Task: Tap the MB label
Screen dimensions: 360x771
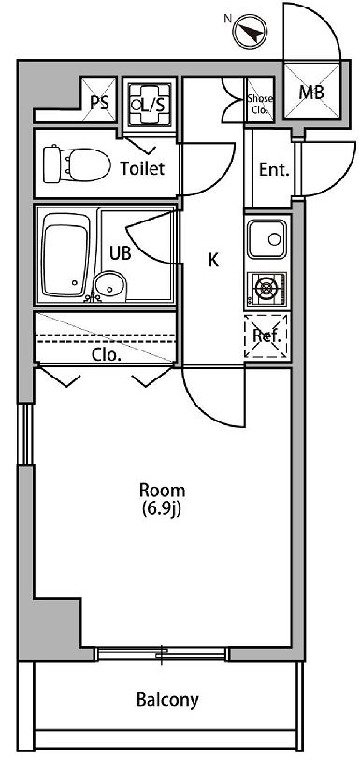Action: (310, 92)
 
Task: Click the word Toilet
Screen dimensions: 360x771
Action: (142, 169)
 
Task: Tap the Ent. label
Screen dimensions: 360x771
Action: (273, 170)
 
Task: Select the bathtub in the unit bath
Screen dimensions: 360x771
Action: (66, 254)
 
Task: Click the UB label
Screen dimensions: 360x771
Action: (120, 252)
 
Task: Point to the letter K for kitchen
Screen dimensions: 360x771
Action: (213, 261)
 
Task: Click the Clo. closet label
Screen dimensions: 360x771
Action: (105, 354)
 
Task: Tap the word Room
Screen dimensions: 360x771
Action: (162, 491)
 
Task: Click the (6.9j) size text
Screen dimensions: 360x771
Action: (162, 509)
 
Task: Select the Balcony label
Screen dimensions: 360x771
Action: (166, 699)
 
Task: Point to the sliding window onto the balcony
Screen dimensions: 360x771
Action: (163, 653)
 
